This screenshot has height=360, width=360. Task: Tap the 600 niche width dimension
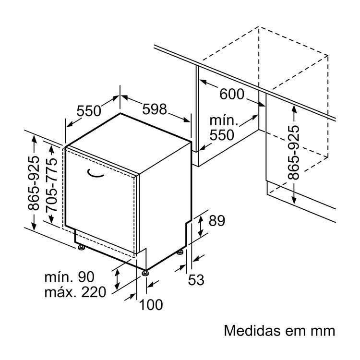tap(232, 94)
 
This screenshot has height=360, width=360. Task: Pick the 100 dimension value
tap(151, 304)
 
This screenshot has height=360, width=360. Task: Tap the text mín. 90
tap(69, 277)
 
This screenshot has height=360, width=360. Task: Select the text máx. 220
tap(75, 292)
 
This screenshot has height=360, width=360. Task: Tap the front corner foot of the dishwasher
tap(144, 273)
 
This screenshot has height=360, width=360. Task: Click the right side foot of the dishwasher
tap(181, 251)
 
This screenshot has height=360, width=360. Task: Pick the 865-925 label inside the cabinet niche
tap(294, 152)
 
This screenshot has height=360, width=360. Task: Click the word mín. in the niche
tap(222, 120)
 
